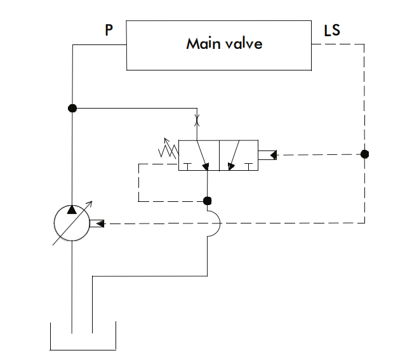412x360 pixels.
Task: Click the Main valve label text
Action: pyautogui.click(x=223, y=44)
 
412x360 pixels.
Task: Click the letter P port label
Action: pyautogui.click(x=109, y=30)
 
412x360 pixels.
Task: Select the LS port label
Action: pyautogui.click(x=332, y=30)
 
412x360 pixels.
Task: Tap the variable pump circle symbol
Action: pyautogui.click(x=72, y=223)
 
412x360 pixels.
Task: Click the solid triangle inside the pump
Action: pyautogui.click(x=72, y=210)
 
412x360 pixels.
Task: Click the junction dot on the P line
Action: pyautogui.click(x=72, y=108)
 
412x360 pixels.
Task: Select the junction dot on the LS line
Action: pyautogui.click(x=364, y=154)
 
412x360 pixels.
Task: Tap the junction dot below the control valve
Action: pyautogui.click(x=207, y=201)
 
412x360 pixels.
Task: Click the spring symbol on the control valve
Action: pyautogui.click(x=168, y=150)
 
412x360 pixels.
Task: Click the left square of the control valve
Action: pyautogui.click(x=199, y=155)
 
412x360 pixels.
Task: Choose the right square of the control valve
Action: pyautogui.click(x=238, y=155)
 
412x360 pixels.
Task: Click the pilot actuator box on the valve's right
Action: pyautogui.click(x=267, y=154)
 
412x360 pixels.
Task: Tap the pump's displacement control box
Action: pyautogui.click(x=97, y=223)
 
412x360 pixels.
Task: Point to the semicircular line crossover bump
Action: pyautogui.click(x=214, y=223)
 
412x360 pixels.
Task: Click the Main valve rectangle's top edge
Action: pyautogui.click(x=219, y=21)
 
